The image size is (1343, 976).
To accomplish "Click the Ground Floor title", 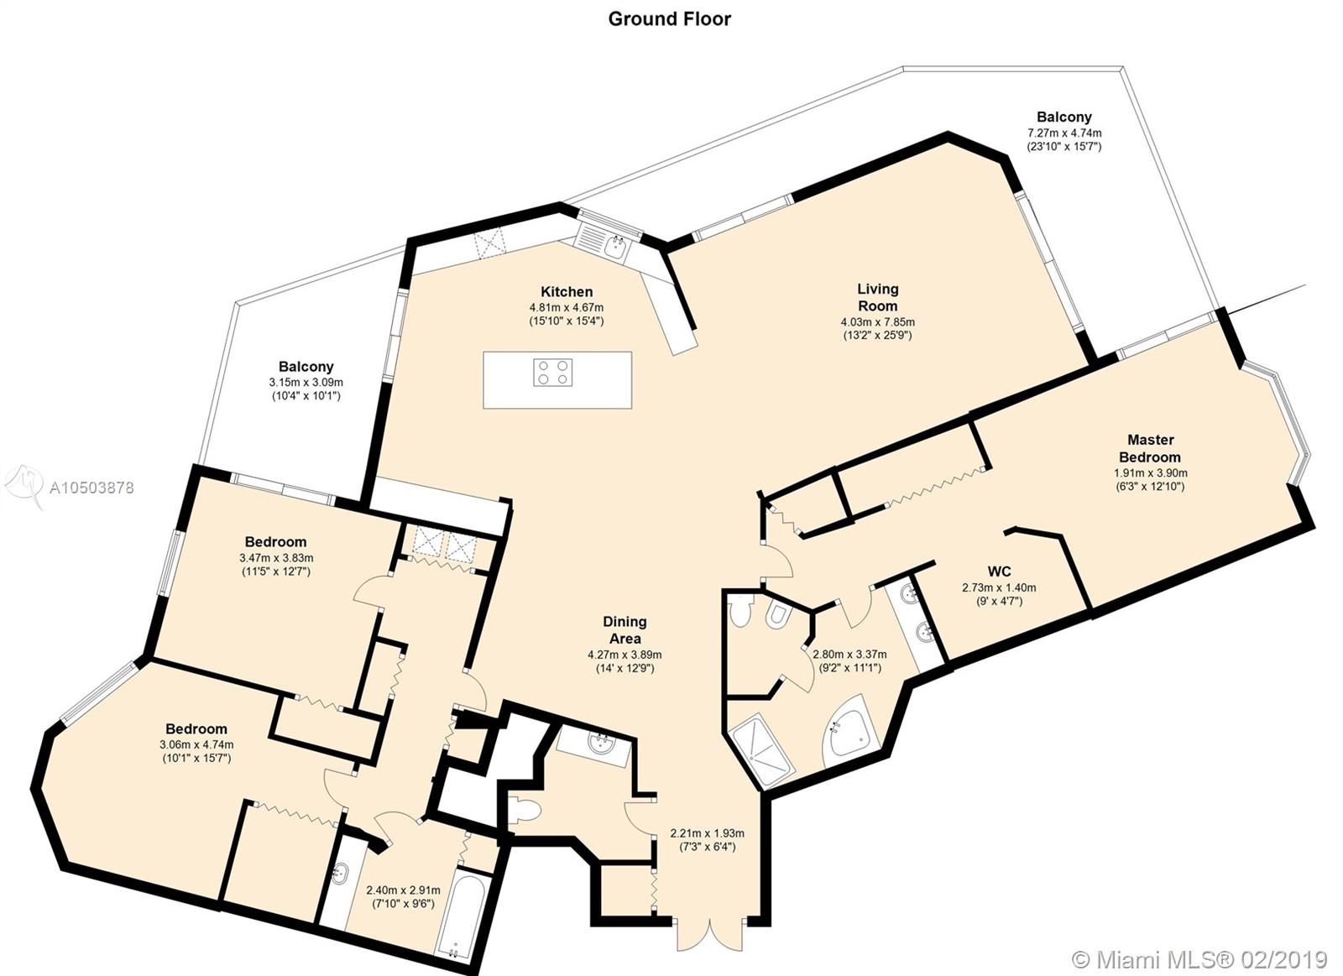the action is coord(669,19).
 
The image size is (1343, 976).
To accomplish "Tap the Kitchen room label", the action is coord(567,292).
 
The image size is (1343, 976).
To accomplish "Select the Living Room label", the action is coord(878,297).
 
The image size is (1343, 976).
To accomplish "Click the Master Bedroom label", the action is coord(1150,448).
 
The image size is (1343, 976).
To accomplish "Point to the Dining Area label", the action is coord(624,630).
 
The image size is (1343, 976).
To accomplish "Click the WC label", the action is coord(999,572).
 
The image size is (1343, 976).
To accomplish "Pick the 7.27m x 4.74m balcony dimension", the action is coord(1064,133).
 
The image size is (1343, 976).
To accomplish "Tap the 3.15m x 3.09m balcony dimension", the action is coord(306,383).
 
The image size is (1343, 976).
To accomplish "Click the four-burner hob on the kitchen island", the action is coord(553,373).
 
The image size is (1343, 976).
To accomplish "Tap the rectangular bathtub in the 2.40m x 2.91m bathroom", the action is coord(462,921).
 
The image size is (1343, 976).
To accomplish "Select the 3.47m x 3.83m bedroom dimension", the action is coord(276,558).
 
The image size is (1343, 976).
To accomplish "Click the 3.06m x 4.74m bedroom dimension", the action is coord(196,745).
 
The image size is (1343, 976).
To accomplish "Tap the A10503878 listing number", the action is coord(91,488).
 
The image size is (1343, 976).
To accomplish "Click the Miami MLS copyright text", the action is coord(1199,960).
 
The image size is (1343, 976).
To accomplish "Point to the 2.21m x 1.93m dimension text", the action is coord(707,833).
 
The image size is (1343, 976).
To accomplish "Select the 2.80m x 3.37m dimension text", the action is coord(849,654).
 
